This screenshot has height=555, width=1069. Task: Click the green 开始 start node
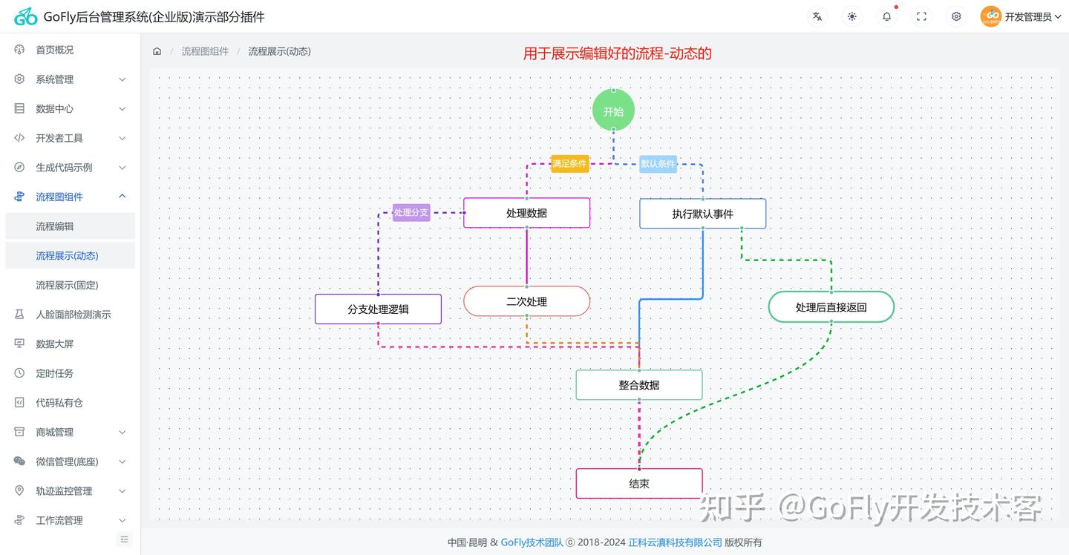[613, 111]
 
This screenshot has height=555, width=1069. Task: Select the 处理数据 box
[526, 213]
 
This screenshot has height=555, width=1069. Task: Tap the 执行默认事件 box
[702, 214]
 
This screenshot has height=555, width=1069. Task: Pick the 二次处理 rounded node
[526, 301]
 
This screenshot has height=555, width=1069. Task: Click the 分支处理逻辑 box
[378, 309]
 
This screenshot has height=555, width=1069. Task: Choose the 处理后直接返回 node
[831, 306]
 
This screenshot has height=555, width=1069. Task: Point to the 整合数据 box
[638, 385]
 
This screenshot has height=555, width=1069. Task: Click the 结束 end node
[638, 483]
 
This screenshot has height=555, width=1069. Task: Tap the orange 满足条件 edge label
[569, 163]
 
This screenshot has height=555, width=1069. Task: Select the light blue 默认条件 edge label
[658, 163]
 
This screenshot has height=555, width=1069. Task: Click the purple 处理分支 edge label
[411, 212]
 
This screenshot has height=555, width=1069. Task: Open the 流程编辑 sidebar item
[55, 226]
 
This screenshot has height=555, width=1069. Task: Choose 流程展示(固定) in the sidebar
[67, 285]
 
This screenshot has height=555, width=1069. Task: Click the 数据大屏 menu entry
[55, 344]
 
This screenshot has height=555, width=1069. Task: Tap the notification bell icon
[886, 16]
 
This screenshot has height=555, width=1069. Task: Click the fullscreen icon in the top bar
[921, 16]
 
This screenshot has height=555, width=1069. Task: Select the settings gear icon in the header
[956, 16]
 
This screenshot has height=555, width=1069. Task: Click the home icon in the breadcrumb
[157, 51]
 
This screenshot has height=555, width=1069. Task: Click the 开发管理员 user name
[1028, 16]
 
